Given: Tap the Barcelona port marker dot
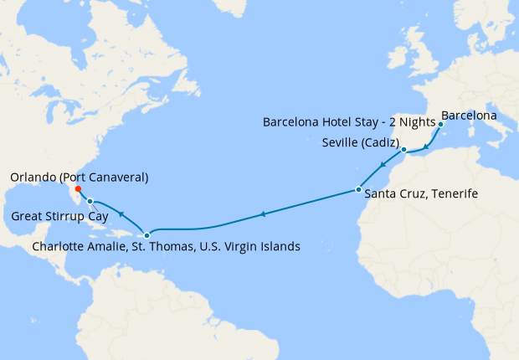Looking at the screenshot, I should coord(440,124).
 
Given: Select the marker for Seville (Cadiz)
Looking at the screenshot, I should coord(403,150).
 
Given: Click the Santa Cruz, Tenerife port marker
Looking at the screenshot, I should coord(358,189).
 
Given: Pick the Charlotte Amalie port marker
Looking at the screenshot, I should coord(147,235).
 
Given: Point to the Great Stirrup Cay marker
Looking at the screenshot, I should coord(90,201).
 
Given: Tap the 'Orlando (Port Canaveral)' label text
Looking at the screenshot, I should coord(80,177).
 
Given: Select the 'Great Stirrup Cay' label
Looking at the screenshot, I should coord(60,216).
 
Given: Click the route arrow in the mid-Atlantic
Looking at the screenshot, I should coord(263,214).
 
